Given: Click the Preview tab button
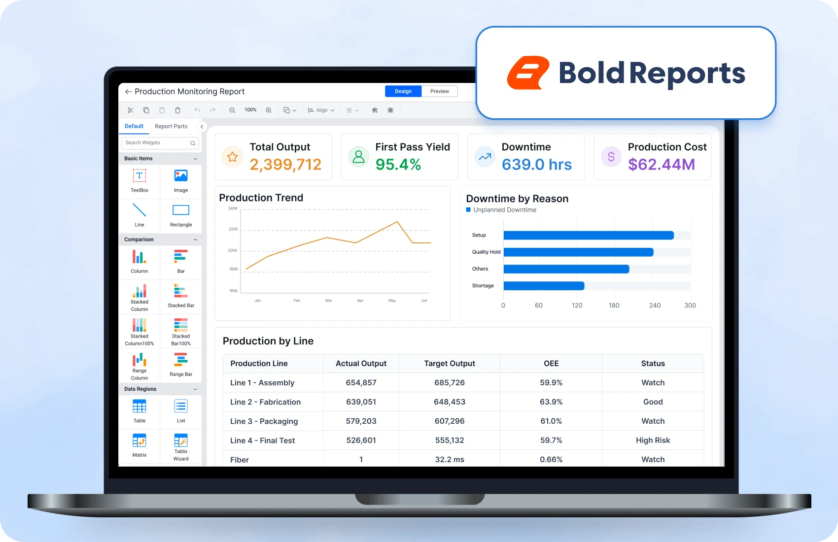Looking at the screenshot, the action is pos(439,91).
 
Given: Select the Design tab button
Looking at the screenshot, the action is pos(403,91).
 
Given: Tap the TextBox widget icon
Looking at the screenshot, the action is pos(139,176).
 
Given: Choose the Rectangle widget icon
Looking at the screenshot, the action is pos(181,210).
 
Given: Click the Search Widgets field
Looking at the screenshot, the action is pos(160,143).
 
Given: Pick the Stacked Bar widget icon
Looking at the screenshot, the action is pos(181,291).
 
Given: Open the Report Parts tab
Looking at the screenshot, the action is pos(171,127).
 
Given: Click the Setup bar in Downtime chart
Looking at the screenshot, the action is pos(589,236).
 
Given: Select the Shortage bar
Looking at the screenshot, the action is pos(544,286).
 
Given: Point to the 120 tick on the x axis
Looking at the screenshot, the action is pos(577,305).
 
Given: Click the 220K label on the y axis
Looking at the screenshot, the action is pos(233,229).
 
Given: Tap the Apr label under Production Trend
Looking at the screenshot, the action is pos(360,301).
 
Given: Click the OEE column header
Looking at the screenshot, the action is pos(551,364).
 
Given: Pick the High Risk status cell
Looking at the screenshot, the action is pos(653,440).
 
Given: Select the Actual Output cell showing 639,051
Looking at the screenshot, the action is pos(361,402).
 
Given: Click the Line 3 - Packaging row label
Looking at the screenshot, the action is pos(264,421).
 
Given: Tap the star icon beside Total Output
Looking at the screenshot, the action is pos(232,157).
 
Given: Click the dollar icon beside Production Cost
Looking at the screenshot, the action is pos(611,157).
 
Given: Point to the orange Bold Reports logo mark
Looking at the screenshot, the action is pos(528,73).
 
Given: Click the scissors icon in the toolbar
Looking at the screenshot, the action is pos(130,110).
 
